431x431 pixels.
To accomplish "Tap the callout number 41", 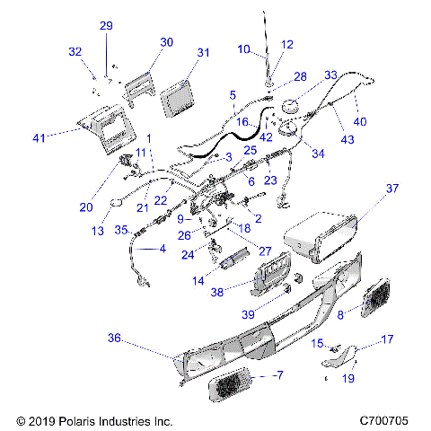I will point(38,137).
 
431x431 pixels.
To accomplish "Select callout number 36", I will point(114,338).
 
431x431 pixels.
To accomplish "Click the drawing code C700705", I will point(383,419).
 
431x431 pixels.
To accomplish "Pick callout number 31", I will point(203,53).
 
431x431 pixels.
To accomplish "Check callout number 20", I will point(85,207).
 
